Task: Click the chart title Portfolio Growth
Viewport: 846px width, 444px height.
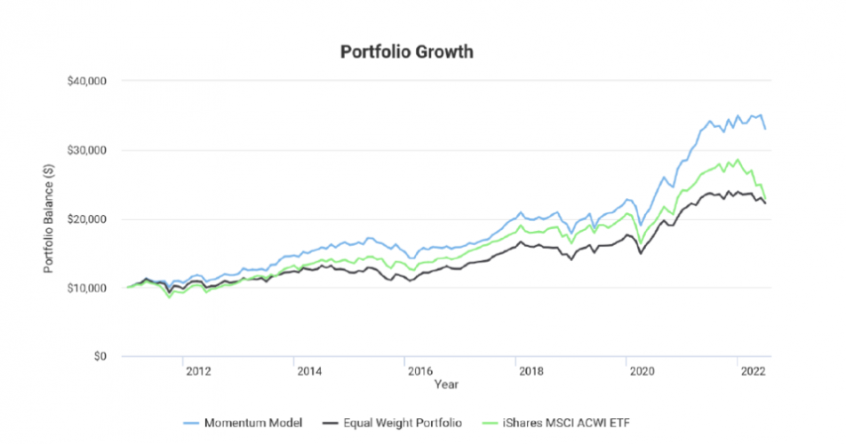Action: (x=407, y=52)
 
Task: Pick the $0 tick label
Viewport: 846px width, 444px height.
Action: (x=100, y=357)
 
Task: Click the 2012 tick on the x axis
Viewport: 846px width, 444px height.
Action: (x=197, y=372)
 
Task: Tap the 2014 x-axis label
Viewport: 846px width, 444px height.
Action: (x=308, y=372)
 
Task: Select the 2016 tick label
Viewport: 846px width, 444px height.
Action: (x=419, y=372)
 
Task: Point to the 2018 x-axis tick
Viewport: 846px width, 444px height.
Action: (x=530, y=372)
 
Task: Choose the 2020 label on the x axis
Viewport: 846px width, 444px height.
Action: (x=640, y=372)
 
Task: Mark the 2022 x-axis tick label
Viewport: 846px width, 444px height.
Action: (x=751, y=372)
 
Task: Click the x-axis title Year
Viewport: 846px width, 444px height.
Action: (x=446, y=385)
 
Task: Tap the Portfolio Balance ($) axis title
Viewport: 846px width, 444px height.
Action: (x=52, y=218)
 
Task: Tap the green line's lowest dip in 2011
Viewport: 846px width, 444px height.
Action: (x=170, y=297)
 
